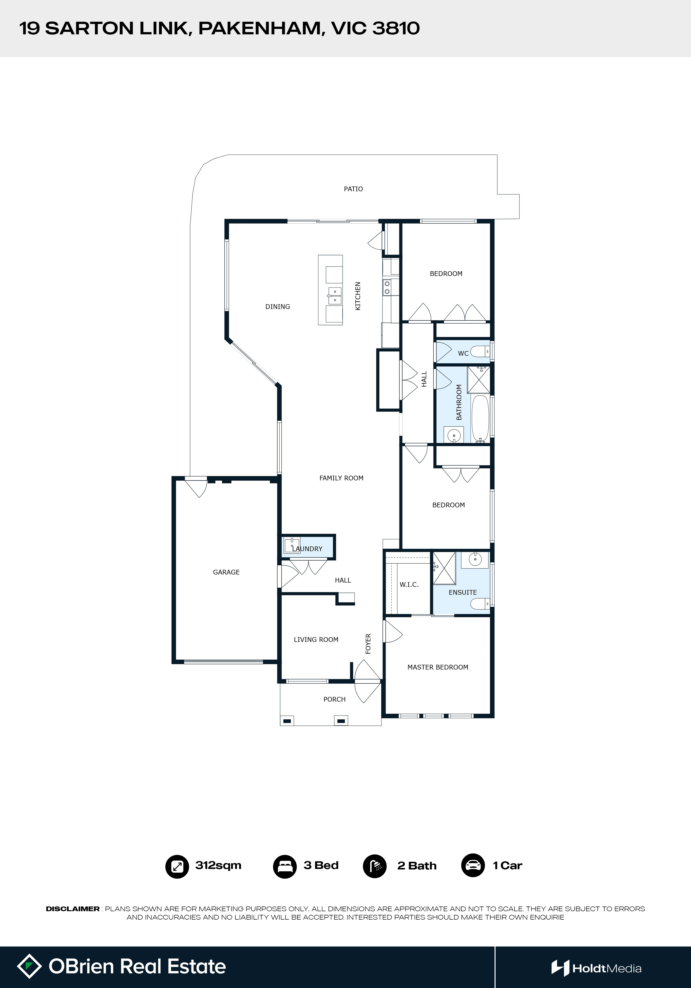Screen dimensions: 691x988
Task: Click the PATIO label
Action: (353, 189)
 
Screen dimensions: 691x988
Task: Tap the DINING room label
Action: (277, 307)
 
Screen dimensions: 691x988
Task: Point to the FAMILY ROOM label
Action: (341, 478)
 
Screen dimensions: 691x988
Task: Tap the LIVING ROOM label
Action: (316, 639)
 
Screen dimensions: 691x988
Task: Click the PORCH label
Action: (335, 699)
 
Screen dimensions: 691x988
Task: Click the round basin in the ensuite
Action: (475, 560)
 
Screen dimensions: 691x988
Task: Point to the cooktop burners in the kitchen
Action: (387, 288)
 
